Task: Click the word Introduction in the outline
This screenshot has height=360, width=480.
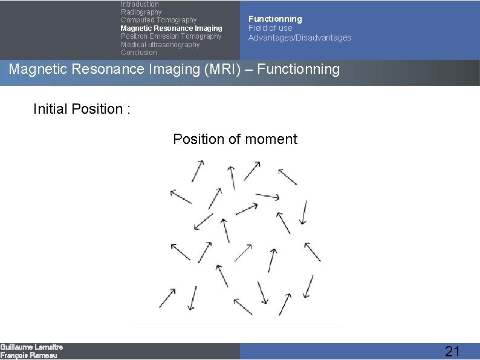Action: pyautogui.click(x=140, y=4)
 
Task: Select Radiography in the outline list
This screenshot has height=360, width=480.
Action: pyautogui.click(x=141, y=12)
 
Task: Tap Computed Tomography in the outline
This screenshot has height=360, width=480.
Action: pyautogui.click(x=158, y=20)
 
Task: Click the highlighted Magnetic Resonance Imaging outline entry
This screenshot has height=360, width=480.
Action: pyautogui.click(x=171, y=28)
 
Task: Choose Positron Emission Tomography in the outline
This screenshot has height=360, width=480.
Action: pyautogui.click(x=171, y=36)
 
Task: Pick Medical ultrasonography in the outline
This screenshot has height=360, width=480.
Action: pyautogui.click(x=160, y=45)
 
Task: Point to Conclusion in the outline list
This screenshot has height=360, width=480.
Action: pyautogui.click(x=138, y=53)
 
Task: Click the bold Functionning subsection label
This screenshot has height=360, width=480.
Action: pyautogui.click(x=275, y=19)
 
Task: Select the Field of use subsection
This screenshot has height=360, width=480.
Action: pyautogui.click(x=270, y=28)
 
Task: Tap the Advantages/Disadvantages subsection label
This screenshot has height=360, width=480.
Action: pyautogui.click(x=299, y=38)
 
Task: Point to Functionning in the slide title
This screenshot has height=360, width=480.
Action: pyautogui.click(x=299, y=69)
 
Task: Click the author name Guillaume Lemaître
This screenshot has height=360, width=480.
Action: pyautogui.click(x=31, y=347)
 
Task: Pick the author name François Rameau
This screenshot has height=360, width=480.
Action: pyautogui.click(x=28, y=356)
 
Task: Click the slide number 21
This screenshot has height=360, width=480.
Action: pyautogui.click(x=452, y=352)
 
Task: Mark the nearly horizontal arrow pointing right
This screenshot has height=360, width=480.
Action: pyautogui.click(x=267, y=196)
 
